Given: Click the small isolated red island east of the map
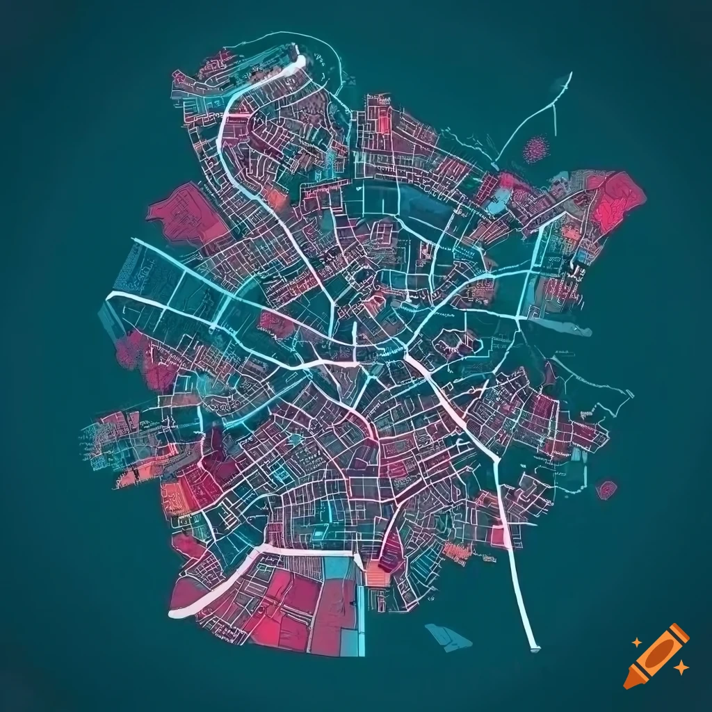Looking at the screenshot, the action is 606,489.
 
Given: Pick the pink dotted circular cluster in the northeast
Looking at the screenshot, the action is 536,149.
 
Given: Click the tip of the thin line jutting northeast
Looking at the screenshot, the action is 570,73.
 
